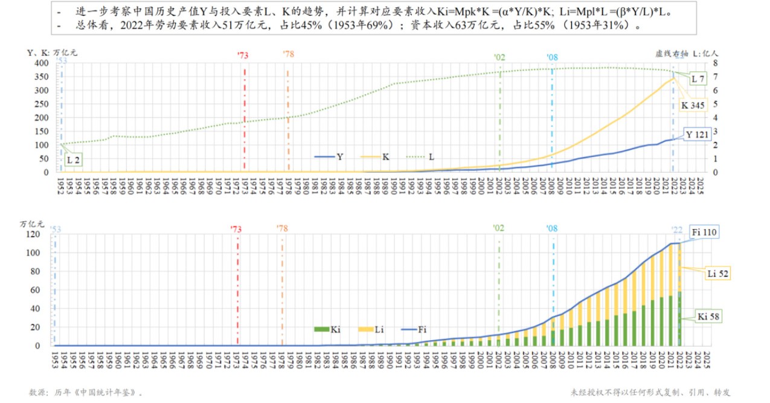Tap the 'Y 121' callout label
(x=696, y=135)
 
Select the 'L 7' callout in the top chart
(x=698, y=79)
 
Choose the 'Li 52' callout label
(x=717, y=274)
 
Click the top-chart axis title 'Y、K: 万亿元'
(x=53, y=52)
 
